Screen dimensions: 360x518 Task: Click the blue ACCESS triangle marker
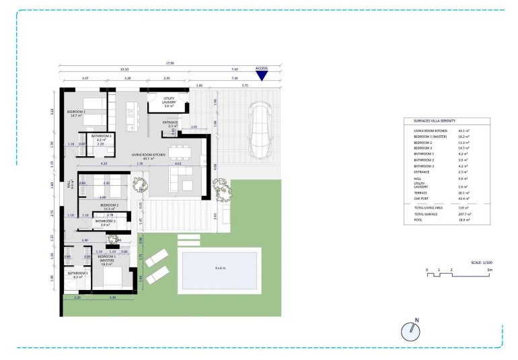pos(262,75)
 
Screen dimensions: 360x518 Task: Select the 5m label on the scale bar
pos(490,269)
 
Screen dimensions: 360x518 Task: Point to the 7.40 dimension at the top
pos(234,69)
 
